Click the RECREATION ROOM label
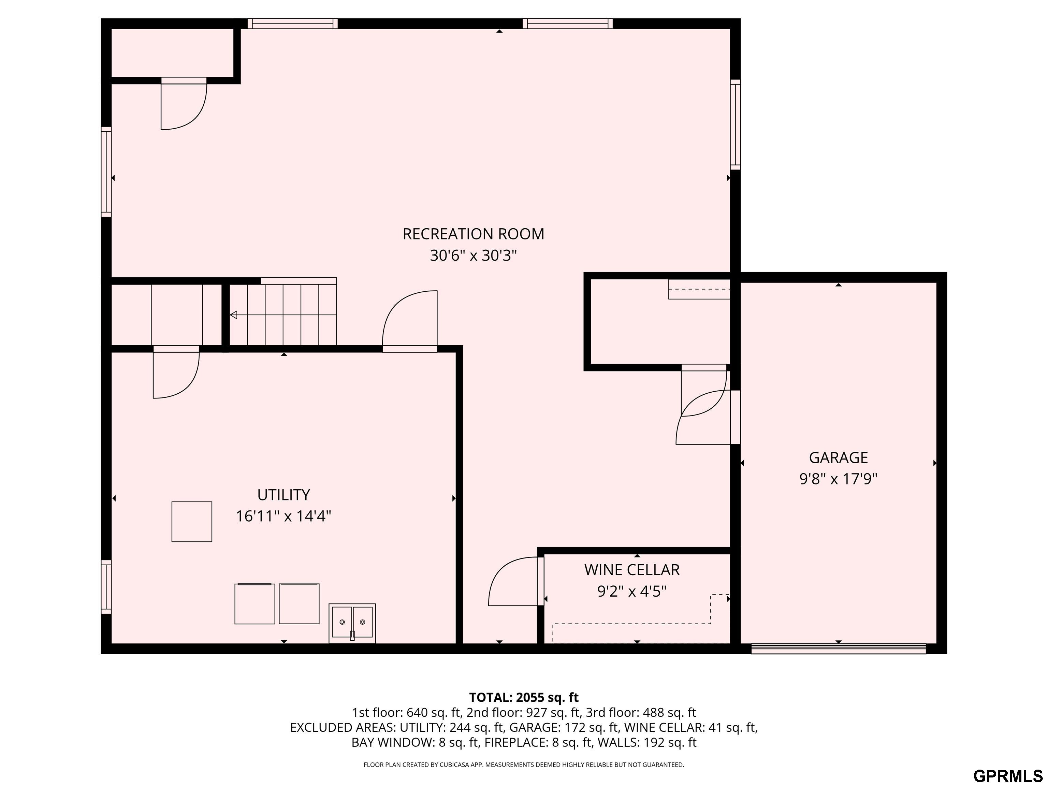pos(473,234)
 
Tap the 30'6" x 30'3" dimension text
pos(473,256)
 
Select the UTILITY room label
pos(283,495)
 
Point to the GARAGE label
pos(838,458)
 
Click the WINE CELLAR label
pos(632,570)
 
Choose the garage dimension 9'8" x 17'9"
pos(838,479)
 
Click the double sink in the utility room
pos(352,623)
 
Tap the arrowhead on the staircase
pos(233,315)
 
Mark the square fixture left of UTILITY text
pos(192,522)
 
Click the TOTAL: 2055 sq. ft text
pos(524,697)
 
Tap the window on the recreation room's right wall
pos(735,125)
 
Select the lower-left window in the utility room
pos(106,587)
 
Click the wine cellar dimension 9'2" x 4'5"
pos(632,591)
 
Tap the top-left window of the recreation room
pos(293,24)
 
